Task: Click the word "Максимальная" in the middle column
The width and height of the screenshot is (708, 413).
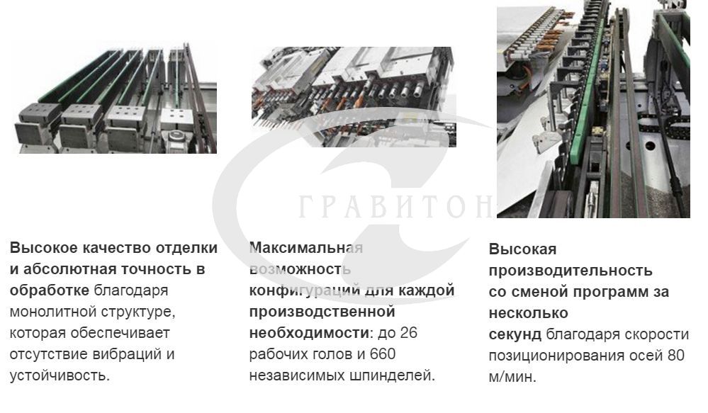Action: [x=306, y=248]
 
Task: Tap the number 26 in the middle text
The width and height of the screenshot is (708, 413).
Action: [x=408, y=333]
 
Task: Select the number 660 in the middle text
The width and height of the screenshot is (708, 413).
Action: [x=383, y=354]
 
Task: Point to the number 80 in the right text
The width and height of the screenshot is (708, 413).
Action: [x=676, y=355]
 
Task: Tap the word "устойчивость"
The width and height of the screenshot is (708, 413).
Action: [x=58, y=375]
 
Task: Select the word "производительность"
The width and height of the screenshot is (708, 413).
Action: [x=571, y=271]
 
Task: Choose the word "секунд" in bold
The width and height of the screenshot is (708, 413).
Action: [x=515, y=334]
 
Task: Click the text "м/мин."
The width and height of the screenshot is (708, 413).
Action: [x=512, y=376]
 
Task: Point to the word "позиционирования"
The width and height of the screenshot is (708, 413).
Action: [x=553, y=355]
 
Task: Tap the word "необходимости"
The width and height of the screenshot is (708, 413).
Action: [x=309, y=333]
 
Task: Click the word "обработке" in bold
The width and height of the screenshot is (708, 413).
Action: [x=50, y=290]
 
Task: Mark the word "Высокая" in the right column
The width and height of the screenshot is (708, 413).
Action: [x=523, y=249]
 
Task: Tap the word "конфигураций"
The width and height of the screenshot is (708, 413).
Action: [x=305, y=290]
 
